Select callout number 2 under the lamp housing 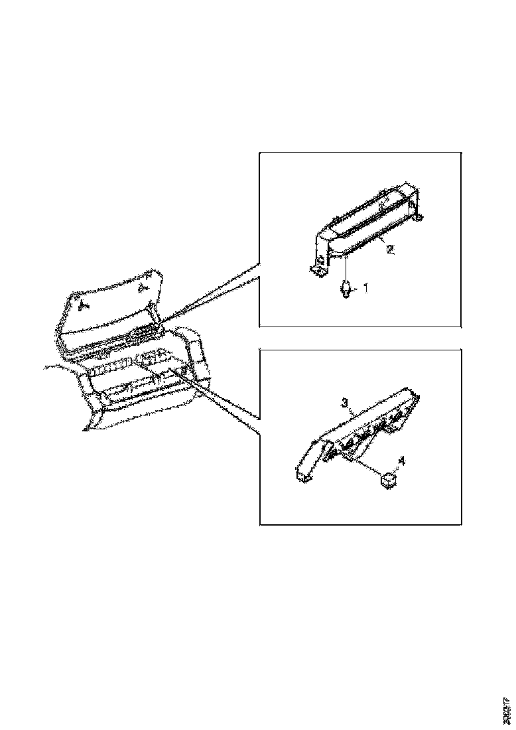coord(391,250)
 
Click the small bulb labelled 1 coord(346,289)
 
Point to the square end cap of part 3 coord(303,475)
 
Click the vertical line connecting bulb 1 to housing coord(346,270)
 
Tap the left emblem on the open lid coord(84,305)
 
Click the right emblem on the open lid coord(142,287)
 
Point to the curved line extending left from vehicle coord(56,366)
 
